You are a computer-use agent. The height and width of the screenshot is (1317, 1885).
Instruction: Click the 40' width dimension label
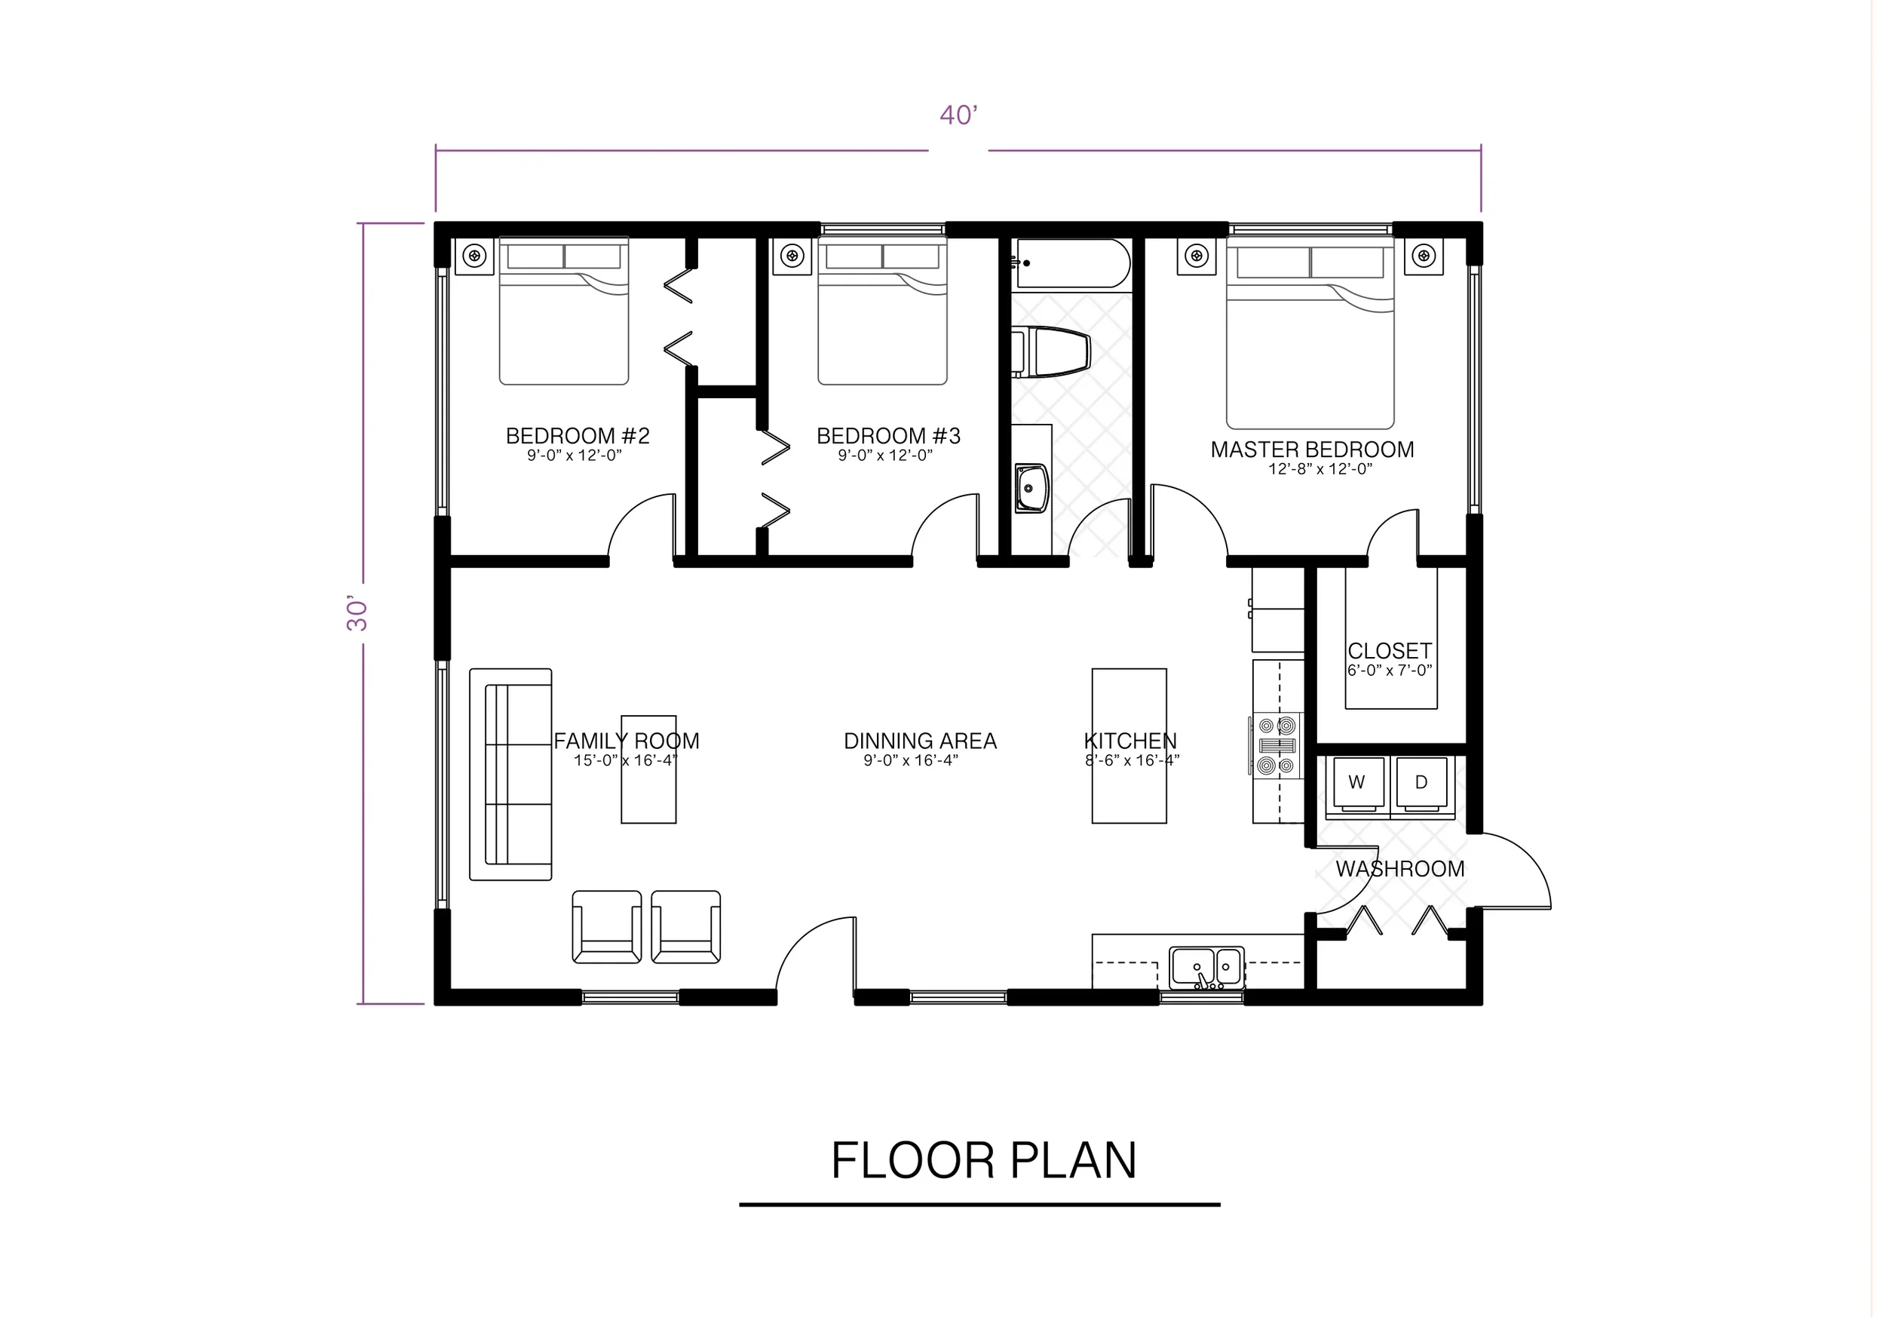[958, 115]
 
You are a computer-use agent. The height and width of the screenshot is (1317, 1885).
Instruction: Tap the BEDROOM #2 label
[577, 436]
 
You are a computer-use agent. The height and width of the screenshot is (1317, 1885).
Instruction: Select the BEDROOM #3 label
[888, 436]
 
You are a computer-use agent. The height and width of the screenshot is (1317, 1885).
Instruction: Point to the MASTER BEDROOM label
[1312, 450]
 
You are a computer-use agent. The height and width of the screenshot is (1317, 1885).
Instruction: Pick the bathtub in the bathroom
[1071, 263]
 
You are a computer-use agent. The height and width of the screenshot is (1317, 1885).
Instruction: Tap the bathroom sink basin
[1031, 488]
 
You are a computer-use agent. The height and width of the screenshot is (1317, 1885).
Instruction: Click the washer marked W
[1356, 782]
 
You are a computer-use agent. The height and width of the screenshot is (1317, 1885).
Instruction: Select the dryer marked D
[1421, 782]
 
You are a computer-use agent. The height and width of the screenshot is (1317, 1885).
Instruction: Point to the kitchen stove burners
[1277, 746]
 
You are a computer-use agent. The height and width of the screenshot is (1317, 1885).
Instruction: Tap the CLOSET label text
[1389, 651]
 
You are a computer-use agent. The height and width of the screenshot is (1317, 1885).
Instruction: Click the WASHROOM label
[1399, 869]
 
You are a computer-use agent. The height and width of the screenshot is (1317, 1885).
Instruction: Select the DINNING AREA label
[921, 741]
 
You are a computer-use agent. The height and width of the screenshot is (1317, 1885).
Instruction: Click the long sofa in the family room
[510, 774]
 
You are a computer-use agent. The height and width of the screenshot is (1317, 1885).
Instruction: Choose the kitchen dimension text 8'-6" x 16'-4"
[1131, 761]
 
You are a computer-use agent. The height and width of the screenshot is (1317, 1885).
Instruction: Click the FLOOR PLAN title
[982, 1161]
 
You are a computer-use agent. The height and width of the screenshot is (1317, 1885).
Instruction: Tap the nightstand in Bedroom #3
[792, 256]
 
